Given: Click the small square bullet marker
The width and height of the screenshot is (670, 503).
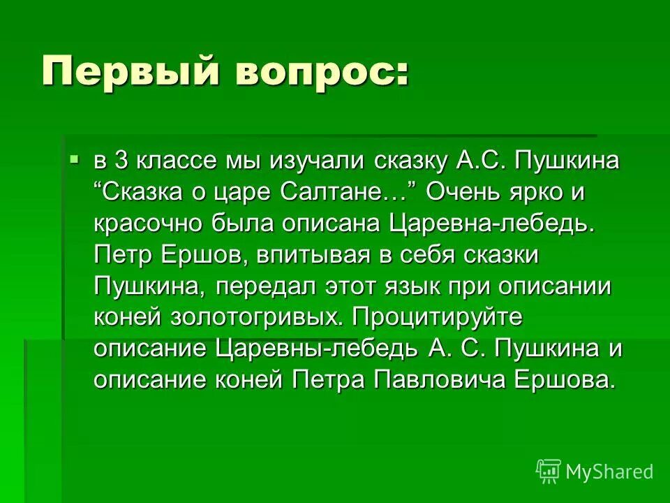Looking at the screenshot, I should (75, 161).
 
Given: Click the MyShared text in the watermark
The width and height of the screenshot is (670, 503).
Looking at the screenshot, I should (609, 472).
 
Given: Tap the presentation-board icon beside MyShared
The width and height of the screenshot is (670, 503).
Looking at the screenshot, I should (549, 472).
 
